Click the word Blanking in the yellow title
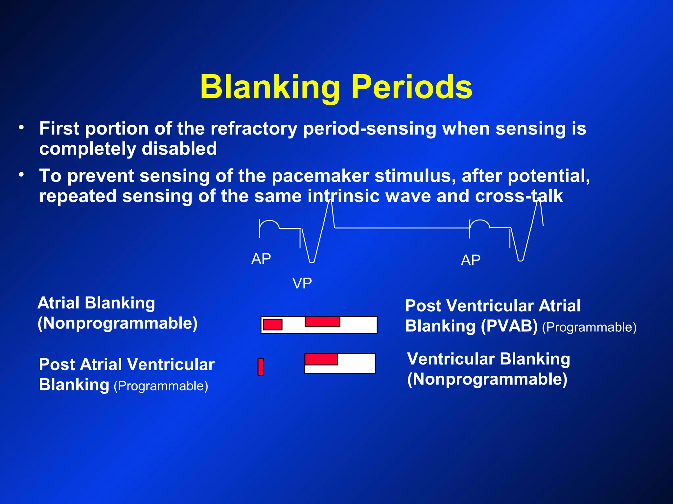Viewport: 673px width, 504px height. (270, 87)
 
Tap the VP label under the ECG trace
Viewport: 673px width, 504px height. (302, 283)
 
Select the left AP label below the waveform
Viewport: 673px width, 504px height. (261, 259)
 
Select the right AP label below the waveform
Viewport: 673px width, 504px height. (471, 260)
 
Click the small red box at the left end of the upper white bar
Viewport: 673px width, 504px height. (273, 324)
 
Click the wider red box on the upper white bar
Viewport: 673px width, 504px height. (322, 322)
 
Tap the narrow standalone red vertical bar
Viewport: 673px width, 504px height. (261, 367)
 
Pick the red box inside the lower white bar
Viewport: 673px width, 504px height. (321, 359)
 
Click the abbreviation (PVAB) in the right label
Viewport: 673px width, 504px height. (509, 326)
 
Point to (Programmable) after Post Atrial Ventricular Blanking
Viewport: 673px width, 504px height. (161, 386)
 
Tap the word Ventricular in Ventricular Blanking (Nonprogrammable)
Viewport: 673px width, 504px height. (451, 359)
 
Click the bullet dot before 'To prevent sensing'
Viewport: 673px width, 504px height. (21, 175)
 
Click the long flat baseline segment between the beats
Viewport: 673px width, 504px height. (401, 227)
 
